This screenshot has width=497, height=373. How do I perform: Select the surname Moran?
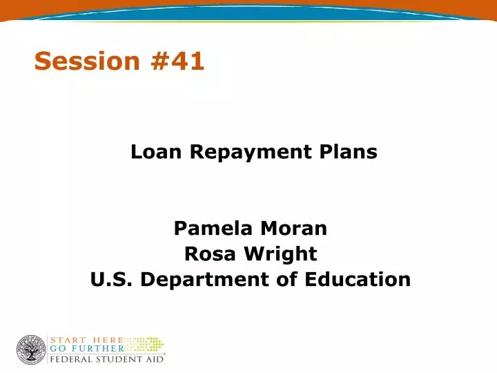tap(293, 228)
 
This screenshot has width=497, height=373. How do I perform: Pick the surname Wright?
tap(280, 254)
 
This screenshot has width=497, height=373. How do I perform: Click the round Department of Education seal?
tap(31, 350)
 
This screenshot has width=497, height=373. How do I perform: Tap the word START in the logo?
tap(68, 341)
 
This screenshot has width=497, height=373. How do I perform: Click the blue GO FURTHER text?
tap(86, 350)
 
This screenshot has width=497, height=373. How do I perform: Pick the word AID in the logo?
tap(153, 359)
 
